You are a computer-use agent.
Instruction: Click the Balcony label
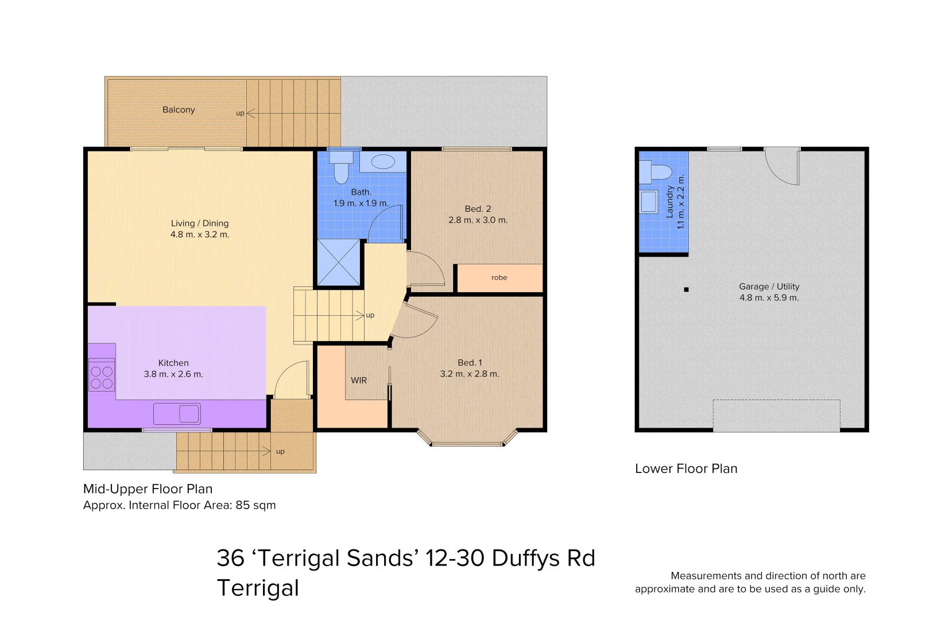(x=179, y=110)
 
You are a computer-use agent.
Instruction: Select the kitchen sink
(x=177, y=413)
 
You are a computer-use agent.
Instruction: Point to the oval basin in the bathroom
(x=383, y=161)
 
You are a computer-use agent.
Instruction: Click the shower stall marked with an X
(x=339, y=262)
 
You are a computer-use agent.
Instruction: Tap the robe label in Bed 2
(x=499, y=277)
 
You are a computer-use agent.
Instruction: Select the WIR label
(x=359, y=381)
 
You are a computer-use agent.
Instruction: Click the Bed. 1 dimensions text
(x=470, y=374)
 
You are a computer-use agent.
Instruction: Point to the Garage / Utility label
(x=769, y=286)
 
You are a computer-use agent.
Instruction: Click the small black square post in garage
(x=686, y=289)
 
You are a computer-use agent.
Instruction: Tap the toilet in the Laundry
(x=656, y=172)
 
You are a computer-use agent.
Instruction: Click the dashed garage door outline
(x=776, y=415)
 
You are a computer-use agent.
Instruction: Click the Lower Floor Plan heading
(x=686, y=468)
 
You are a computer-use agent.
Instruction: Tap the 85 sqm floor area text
(x=256, y=505)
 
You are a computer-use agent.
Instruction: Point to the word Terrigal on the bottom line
(x=258, y=588)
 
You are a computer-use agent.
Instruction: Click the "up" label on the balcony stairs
(x=240, y=113)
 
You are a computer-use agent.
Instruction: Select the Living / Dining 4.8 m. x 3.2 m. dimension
(x=200, y=235)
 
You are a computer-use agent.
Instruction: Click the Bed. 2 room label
(x=478, y=209)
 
